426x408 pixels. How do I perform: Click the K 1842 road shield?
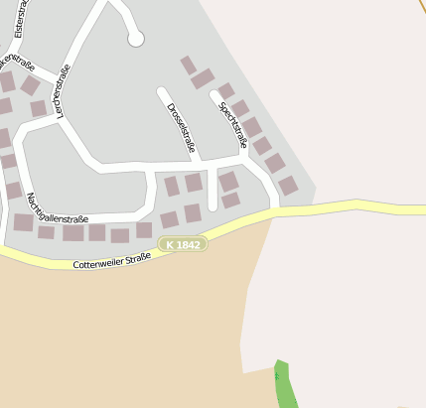(x=184, y=244)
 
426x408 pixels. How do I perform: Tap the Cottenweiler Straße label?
(x=111, y=261)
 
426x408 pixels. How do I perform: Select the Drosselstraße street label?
(x=180, y=128)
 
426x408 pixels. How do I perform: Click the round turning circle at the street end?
(x=136, y=39)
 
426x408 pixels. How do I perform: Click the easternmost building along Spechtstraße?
(x=288, y=186)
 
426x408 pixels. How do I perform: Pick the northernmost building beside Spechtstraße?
(x=188, y=65)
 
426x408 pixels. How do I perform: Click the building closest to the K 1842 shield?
(x=169, y=220)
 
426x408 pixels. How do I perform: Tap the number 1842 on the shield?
(x=190, y=244)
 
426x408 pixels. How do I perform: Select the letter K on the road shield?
(x=171, y=244)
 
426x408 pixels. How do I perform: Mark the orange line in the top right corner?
(x=419, y=6)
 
